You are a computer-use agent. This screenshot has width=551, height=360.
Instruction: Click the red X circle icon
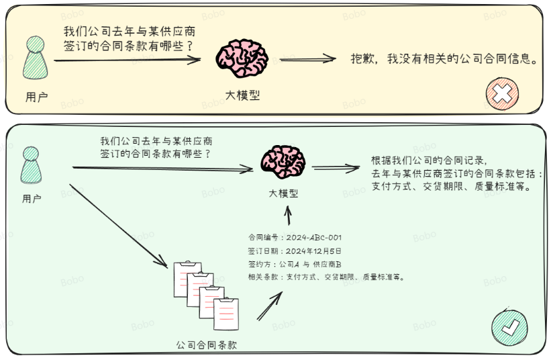[501, 94]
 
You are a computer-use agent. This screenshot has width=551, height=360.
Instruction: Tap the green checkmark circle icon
[508, 327]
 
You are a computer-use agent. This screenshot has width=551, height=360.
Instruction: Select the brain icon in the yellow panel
[242, 59]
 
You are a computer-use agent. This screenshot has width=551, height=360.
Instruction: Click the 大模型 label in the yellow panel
[242, 95]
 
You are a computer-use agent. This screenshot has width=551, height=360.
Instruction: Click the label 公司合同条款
[207, 345]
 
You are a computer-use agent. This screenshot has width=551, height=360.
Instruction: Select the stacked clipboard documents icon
[206, 294]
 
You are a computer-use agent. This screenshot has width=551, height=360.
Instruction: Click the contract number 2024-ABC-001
[313, 237]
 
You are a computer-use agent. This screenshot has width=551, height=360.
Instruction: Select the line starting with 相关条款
[326, 276]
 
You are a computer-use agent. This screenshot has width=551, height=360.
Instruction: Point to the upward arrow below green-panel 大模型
[288, 215]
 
